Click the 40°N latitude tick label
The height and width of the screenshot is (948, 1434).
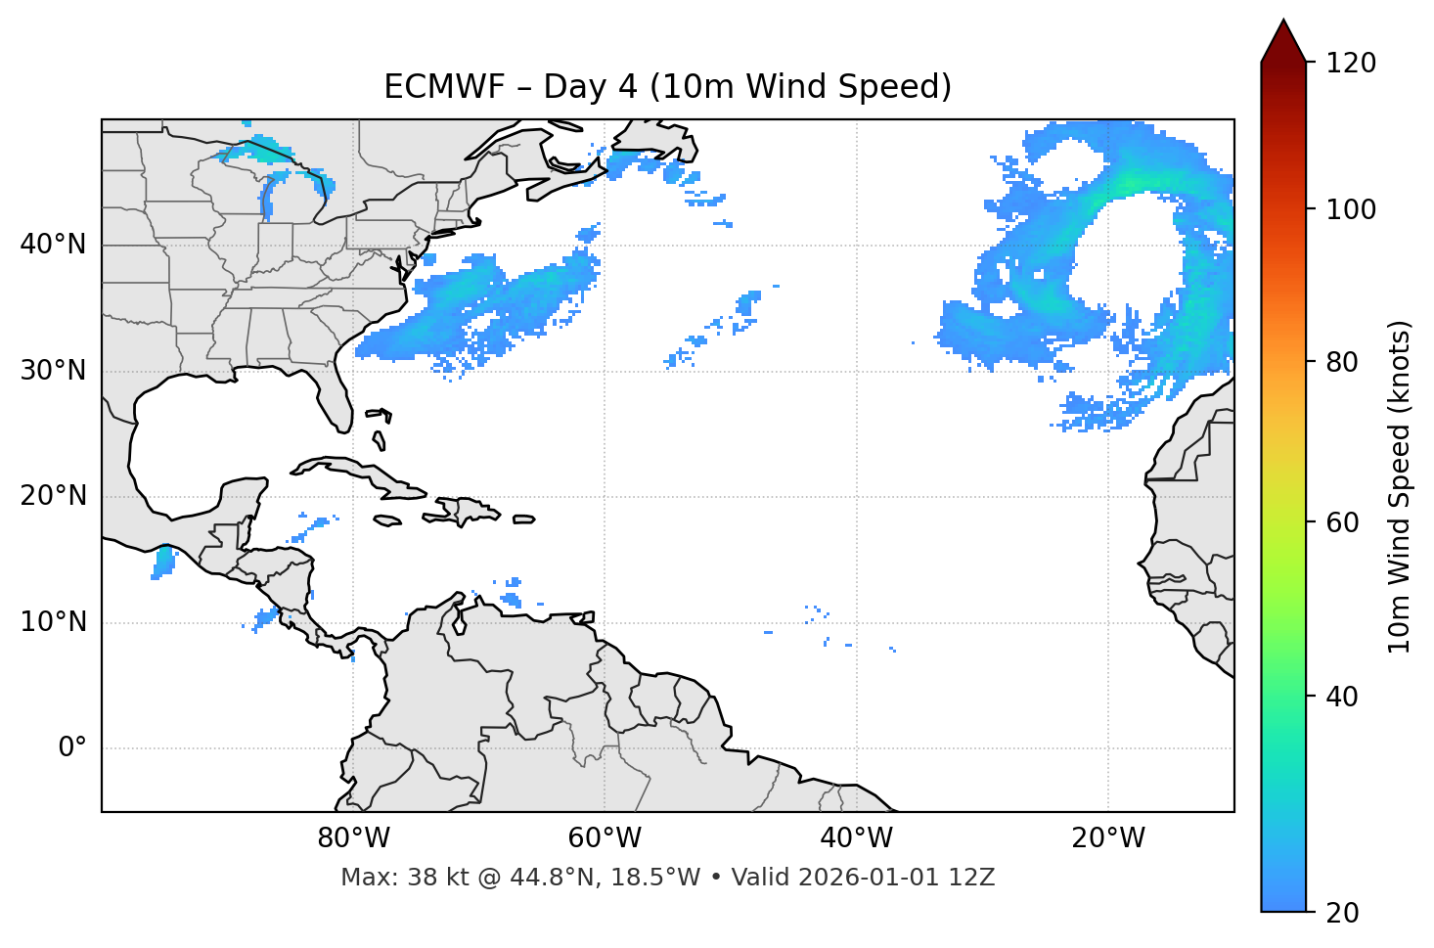[54, 245]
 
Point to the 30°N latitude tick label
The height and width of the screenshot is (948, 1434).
[54, 371]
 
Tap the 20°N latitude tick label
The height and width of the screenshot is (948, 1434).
[54, 496]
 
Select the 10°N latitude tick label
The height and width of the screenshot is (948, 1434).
[54, 622]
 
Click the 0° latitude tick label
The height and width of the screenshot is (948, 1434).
[71, 748]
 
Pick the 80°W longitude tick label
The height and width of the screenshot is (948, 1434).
[353, 838]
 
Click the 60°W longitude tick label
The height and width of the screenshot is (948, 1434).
[605, 838]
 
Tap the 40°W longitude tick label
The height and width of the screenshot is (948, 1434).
[856, 838]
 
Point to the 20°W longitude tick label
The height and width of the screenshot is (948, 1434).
[1107, 838]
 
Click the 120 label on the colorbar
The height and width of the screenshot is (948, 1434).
[1351, 63]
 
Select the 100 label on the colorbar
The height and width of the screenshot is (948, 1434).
[1351, 209]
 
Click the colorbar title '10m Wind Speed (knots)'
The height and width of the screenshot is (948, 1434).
[1400, 486]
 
